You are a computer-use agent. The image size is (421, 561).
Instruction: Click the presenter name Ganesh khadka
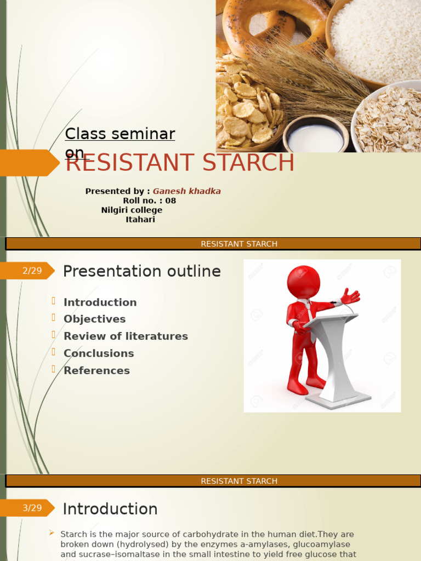pyautogui.click(x=186, y=191)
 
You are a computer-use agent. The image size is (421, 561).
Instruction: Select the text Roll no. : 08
pyautogui.click(x=149, y=201)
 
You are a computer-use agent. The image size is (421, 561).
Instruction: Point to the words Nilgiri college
pyautogui.click(x=132, y=210)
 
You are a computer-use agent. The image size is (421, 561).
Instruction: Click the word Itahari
pyautogui.click(x=140, y=219)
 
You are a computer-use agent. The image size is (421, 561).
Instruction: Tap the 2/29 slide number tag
pyautogui.click(x=32, y=271)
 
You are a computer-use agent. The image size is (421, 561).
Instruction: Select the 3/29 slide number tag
pyautogui.click(x=32, y=508)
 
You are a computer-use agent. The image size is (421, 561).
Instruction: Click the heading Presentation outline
pyautogui.click(x=142, y=271)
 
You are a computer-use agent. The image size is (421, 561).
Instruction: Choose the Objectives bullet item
pyautogui.click(x=94, y=319)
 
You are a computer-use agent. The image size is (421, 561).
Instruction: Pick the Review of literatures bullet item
pyautogui.click(x=126, y=336)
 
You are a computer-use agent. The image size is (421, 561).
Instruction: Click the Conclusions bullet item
pyautogui.click(x=99, y=353)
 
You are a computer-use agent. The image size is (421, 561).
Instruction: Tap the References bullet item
pyautogui.click(x=96, y=370)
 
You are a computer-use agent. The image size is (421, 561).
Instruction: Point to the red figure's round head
pyautogui.click(x=303, y=282)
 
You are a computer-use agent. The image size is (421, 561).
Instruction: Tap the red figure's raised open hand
pyautogui.click(x=350, y=296)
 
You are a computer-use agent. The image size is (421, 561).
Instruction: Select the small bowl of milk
pyautogui.click(x=315, y=135)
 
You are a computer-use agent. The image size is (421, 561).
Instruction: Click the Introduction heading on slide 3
pyautogui.click(x=110, y=509)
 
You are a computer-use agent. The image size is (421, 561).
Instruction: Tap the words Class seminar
pyautogui.click(x=120, y=134)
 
